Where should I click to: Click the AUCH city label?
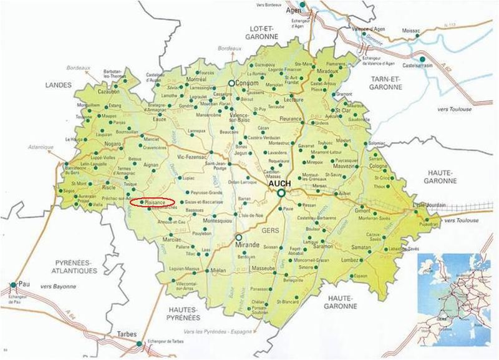[283, 185]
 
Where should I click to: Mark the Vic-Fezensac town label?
[192, 157]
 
